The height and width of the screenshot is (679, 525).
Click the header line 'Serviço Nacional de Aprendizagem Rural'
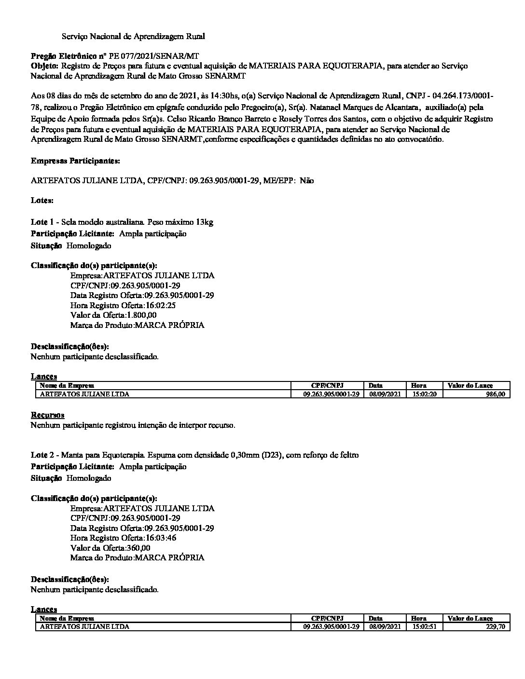pyautogui.click(x=133, y=36)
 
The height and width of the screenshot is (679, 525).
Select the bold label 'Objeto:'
pyautogui.click(x=45, y=66)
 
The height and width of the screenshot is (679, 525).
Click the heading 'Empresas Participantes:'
pyautogui.click(x=76, y=161)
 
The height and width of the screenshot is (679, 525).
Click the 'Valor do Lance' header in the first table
pyautogui.click(x=470, y=385)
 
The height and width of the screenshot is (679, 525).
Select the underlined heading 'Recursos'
pyautogui.click(x=48, y=415)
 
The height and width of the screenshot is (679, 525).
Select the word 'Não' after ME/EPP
pyautogui.click(x=306, y=180)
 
